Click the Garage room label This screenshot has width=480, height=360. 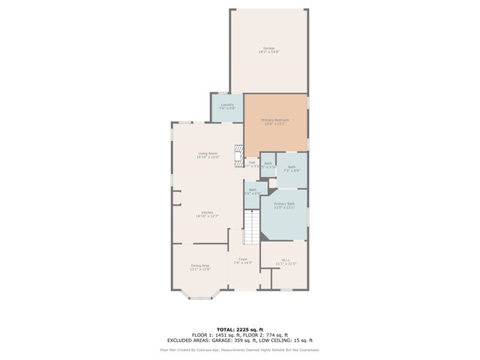(268, 48)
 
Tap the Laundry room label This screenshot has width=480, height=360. (226, 105)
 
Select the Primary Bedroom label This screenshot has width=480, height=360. (275, 120)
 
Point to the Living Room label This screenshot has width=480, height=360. (208, 153)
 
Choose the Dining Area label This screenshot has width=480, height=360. (200, 265)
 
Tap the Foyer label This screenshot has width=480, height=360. (243, 259)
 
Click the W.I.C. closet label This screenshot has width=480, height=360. (286, 261)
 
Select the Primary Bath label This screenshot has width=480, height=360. (284, 203)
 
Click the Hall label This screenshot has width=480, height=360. (253, 162)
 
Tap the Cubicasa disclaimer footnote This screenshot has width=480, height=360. (239, 349)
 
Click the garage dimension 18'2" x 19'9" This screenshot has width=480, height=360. (268, 52)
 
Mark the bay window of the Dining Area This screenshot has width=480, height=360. (200, 295)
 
